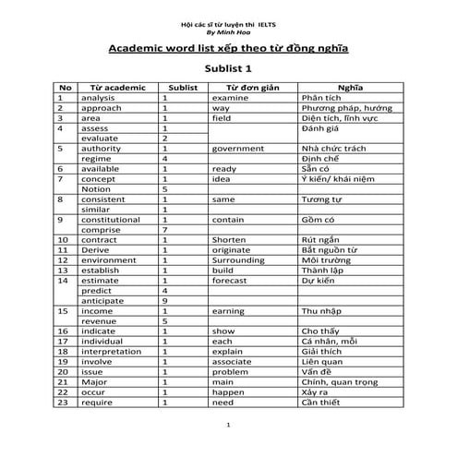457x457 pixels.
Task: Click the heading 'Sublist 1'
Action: coord(227,68)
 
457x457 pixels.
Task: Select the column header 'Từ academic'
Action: coord(114,87)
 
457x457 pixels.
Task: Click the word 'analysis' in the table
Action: coord(99,97)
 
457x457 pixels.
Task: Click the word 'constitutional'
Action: coord(111,220)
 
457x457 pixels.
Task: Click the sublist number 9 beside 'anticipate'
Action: coord(164,301)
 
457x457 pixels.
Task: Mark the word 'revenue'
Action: coord(98,321)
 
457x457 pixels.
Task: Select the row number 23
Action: coord(64,403)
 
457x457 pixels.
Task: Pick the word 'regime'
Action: coord(95,158)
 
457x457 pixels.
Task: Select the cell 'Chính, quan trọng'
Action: coord(343,382)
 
